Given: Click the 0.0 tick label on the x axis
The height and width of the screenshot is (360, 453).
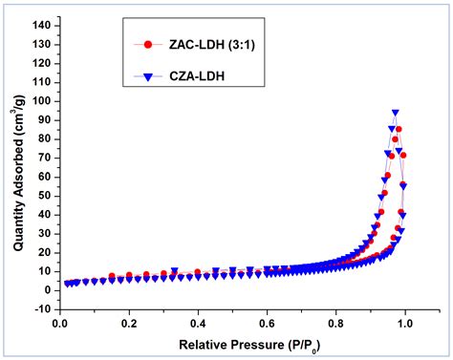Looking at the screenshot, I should (60, 325).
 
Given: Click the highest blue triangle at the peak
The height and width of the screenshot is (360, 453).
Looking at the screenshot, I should (395, 113).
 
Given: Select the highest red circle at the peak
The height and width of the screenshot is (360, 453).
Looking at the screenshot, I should (399, 129).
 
